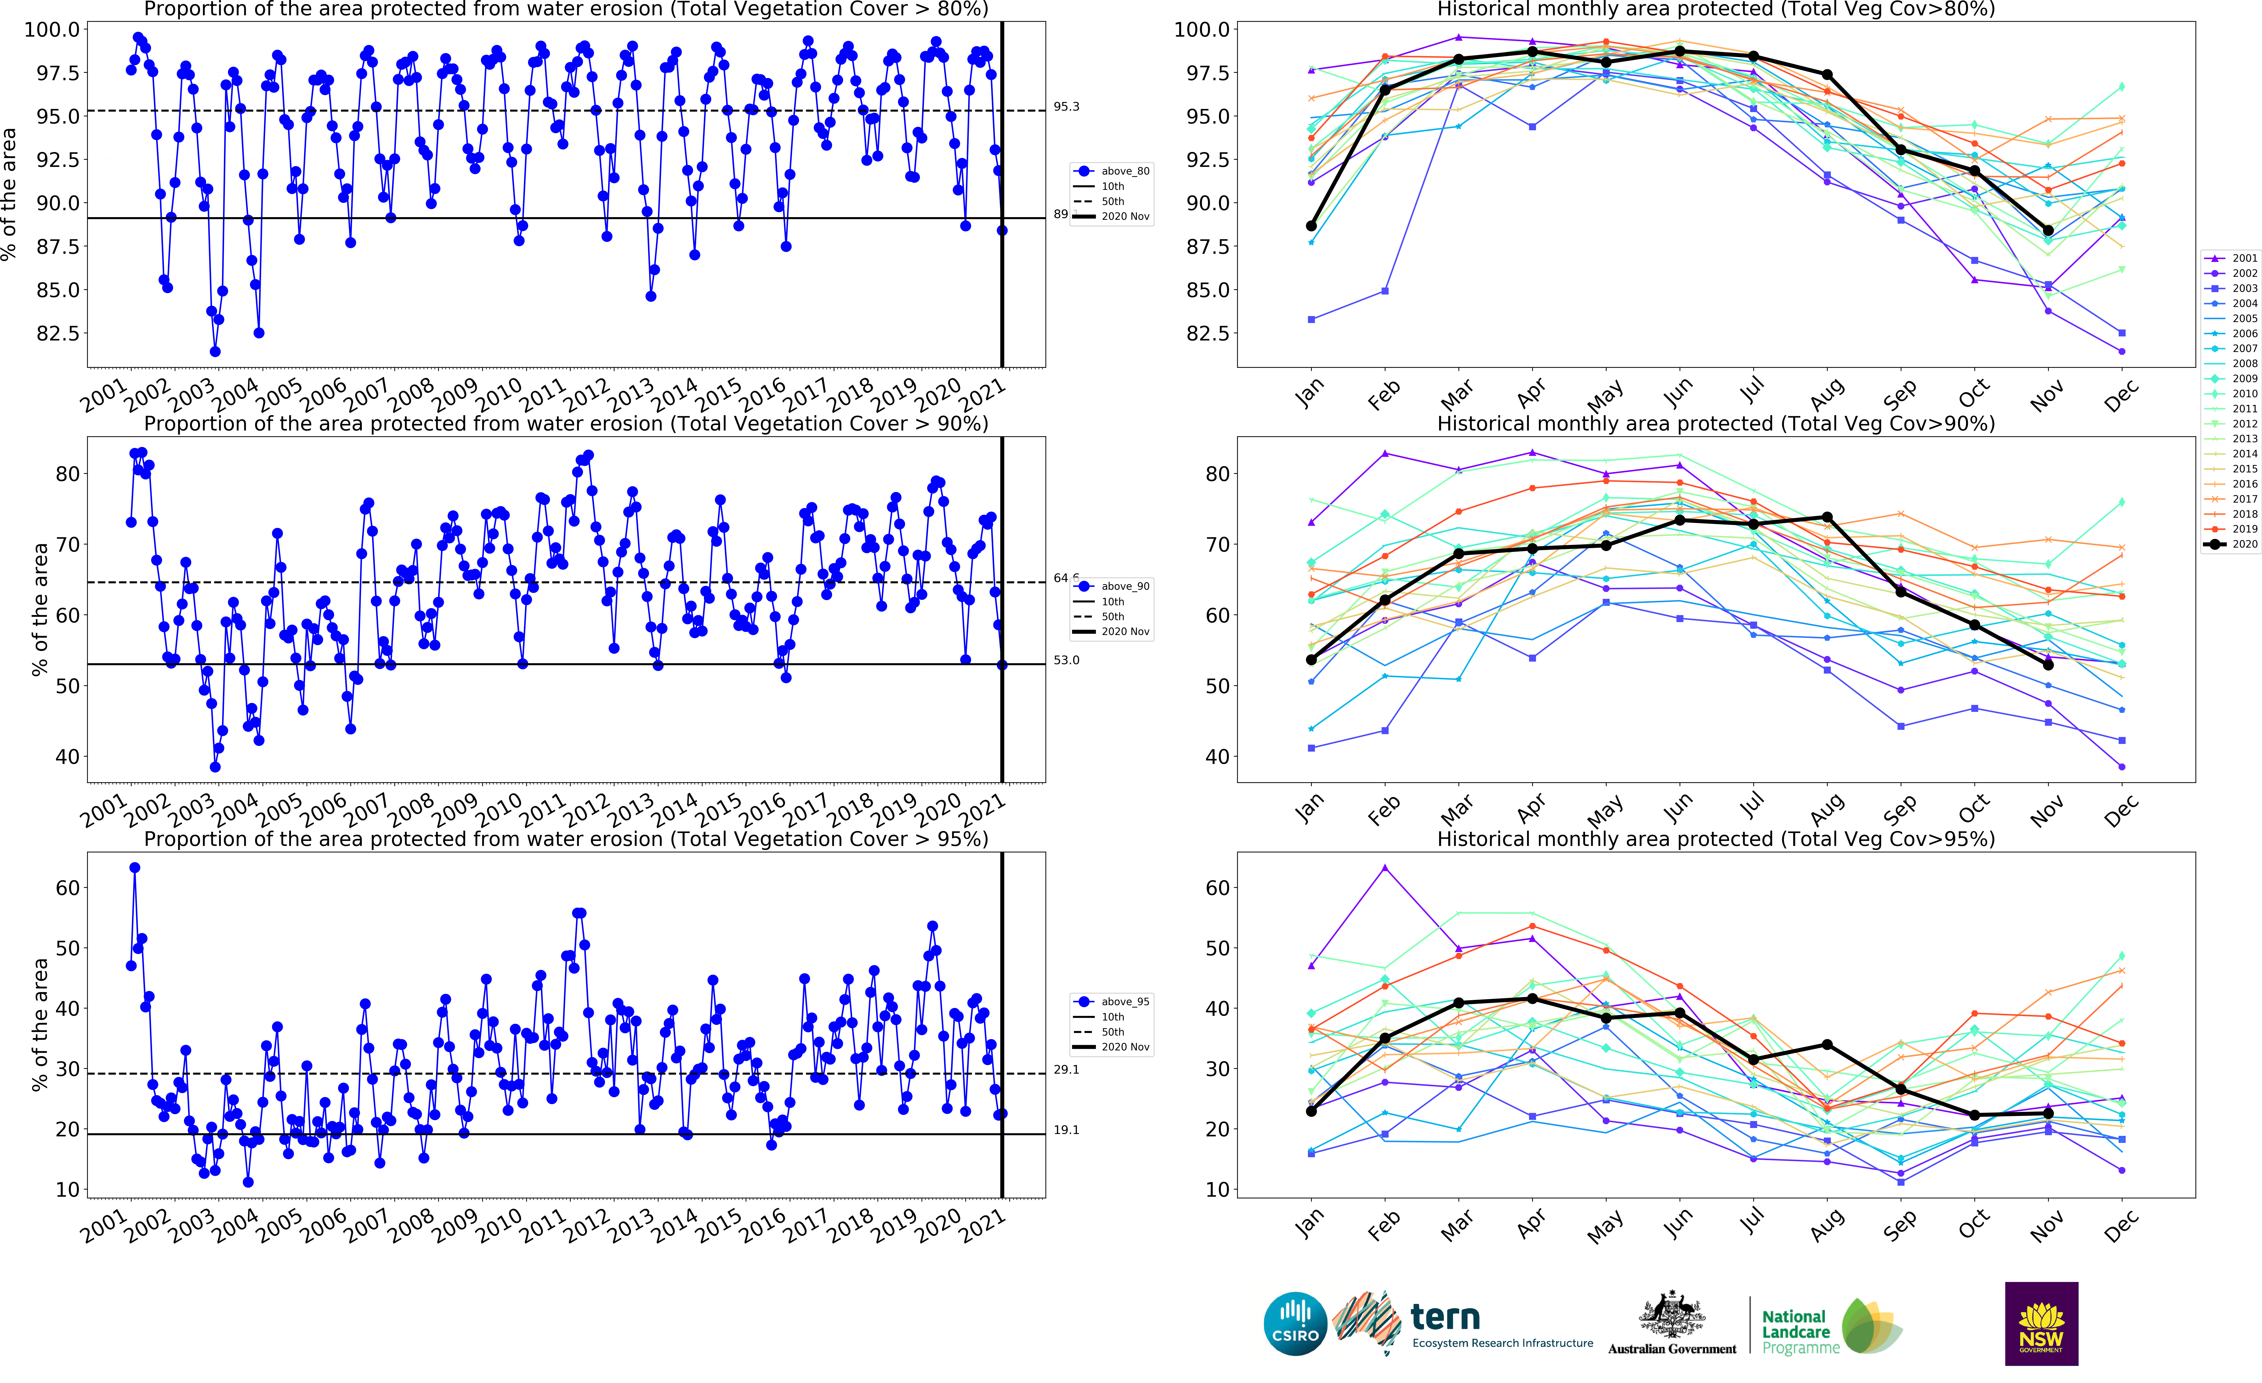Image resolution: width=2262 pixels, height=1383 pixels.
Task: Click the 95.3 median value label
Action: click(x=1066, y=107)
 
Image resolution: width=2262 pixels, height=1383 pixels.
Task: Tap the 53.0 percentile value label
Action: click(x=1066, y=660)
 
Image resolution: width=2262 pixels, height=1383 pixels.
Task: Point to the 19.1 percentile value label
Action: click(x=1066, y=1130)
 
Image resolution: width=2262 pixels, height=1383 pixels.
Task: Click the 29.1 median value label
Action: click(x=1066, y=1070)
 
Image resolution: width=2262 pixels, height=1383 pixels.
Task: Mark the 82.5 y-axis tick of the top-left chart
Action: click(x=57, y=333)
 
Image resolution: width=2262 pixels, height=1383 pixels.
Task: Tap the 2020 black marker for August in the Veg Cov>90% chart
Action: click(x=1827, y=517)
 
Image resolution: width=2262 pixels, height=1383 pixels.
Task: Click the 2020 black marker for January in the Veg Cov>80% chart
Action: click(x=1311, y=226)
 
